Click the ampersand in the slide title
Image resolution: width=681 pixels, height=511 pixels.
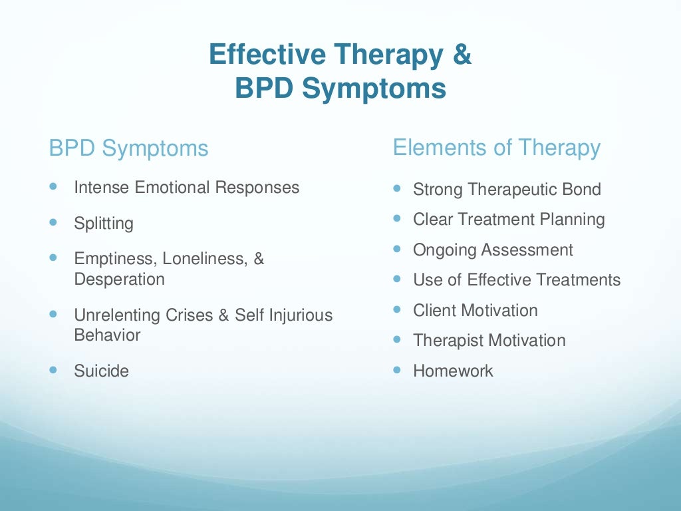(x=462, y=55)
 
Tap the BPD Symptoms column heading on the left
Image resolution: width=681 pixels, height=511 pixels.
(x=128, y=148)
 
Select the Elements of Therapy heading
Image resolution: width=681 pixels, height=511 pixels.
(x=496, y=147)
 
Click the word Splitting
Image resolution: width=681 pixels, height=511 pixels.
(x=104, y=224)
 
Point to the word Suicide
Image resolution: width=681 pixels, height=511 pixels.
(x=101, y=371)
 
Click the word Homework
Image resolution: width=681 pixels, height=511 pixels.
(x=453, y=371)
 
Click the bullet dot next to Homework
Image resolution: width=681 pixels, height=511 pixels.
(x=398, y=368)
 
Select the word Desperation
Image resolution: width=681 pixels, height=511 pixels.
(x=119, y=279)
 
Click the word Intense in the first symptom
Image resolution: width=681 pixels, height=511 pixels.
(x=102, y=188)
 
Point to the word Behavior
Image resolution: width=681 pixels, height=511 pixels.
(x=107, y=335)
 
